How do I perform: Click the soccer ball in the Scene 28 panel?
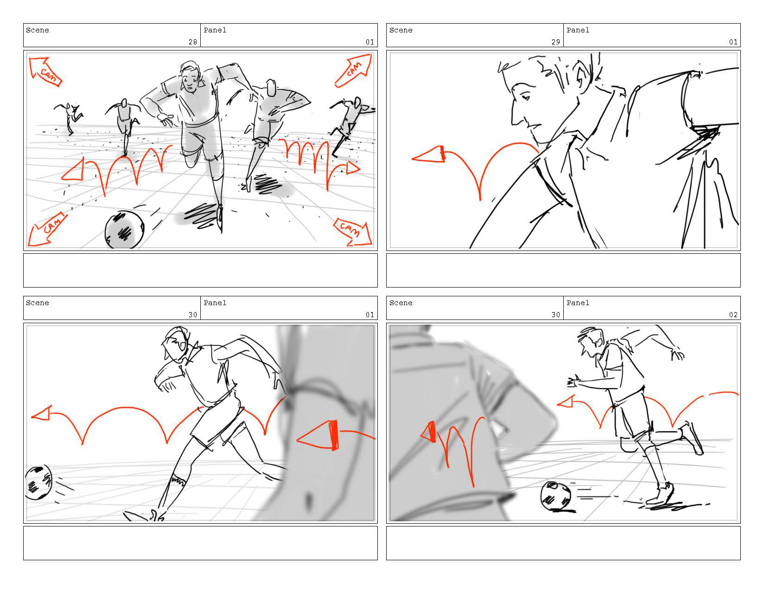pyautogui.click(x=124, y=230)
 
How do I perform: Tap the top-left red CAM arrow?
pyautogui.click(x=45, y=71)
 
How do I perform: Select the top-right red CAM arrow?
pyautogui.click(x=354, y=70)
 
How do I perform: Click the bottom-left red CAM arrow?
pyautogui.click(x=46, y=230)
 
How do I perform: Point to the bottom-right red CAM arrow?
pyautogui.click(x=353, y=232)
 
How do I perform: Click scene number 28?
pyautogui.click(x=193, y=42)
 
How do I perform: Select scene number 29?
pyautogui.click(x=555, y=42)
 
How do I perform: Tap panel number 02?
pyautogui.click(x=733, y=315)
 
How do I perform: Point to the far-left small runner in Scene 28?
pyautogui.click(x=69, y=118)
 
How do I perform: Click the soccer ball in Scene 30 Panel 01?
pyautogui.click(x=38, y=482)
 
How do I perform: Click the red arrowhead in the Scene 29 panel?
pyautogui.click(x=428, y=155)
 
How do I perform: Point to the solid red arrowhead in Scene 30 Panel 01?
pyautogui.click(x=318, y=435)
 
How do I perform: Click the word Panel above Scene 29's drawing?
pyautogui.click(x=578, y=30)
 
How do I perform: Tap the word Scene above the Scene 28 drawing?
pyautogui.click(x=37, y=30)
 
